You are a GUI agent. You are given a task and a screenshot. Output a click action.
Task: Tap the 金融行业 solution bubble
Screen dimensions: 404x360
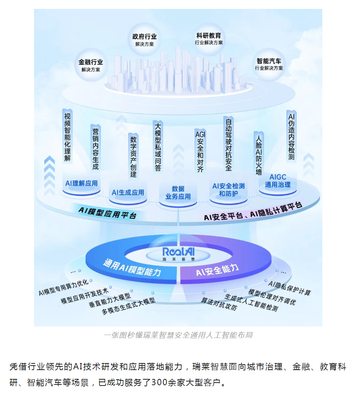point(91,65)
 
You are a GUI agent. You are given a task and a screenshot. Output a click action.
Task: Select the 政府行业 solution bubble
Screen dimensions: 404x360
point(144,40)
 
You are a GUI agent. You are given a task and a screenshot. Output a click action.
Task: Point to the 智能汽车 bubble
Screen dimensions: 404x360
point(269,64)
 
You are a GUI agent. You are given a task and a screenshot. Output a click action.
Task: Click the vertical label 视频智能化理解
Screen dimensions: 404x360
point(67,135)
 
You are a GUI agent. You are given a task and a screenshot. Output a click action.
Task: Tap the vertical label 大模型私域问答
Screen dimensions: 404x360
point(158,147)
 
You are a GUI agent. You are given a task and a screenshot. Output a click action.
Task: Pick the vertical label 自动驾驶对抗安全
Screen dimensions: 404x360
point(229,144)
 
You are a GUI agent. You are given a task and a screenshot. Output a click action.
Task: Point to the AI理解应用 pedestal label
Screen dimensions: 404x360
point(81,183)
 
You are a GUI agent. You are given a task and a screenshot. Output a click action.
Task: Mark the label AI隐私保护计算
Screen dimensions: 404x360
point(290,288)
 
